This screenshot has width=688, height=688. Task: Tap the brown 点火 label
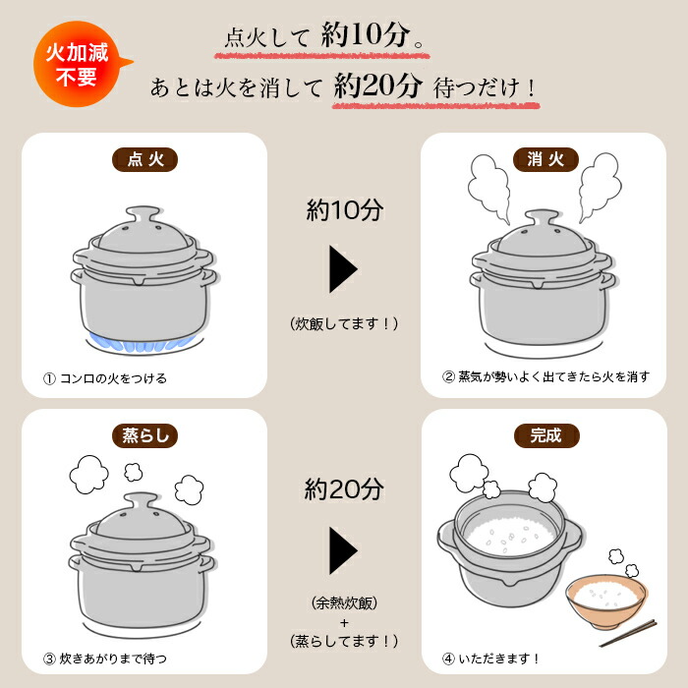(144, 159)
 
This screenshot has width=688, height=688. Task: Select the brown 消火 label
(546, 159)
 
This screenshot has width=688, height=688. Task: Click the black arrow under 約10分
(343, 266)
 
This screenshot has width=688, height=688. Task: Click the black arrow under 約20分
(343, 549)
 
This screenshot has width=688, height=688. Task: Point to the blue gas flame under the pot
(143, 341)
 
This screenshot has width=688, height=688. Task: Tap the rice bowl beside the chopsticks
(605, 602)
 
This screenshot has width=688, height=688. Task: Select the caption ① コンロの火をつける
(105, 378)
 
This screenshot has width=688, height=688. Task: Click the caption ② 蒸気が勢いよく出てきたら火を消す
(545, 376)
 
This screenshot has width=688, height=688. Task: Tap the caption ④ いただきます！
(491, 658)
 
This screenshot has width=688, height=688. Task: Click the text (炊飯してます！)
(343, 321)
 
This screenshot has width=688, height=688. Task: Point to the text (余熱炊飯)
(343, 602)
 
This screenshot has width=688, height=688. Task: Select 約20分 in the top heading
(377, 86)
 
